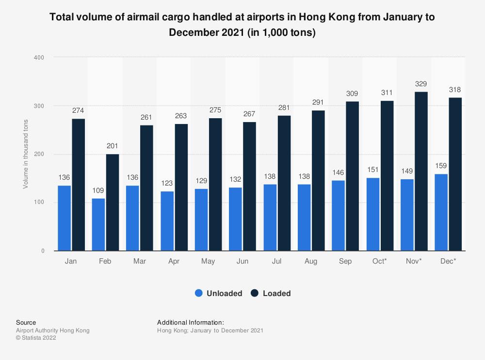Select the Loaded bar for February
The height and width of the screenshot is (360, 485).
coord(113,202)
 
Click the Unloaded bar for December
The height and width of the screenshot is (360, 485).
coord(441,212)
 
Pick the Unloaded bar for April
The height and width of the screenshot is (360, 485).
coord(167,221)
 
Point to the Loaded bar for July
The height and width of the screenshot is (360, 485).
coord(284,183)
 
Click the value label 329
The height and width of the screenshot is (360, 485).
coord(421,84)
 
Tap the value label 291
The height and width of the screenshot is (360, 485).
coord(318,103)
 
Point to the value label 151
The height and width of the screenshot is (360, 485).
coord(373,171)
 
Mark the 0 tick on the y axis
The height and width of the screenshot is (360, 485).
coord(43,251)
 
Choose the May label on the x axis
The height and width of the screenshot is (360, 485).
coord(208,262)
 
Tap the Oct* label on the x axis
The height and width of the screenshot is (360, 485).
coord(380,262)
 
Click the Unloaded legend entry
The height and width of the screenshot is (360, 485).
coord(224,293)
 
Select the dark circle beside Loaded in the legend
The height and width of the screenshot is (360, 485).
coord(255,293)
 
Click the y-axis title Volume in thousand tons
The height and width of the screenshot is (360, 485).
coord(25,154)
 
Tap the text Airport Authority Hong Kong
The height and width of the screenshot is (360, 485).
coord(53,330)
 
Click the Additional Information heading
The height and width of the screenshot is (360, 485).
coord(191,322)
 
